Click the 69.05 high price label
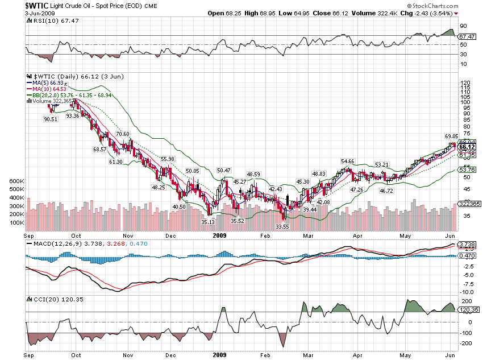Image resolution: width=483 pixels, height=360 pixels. pos(451,136)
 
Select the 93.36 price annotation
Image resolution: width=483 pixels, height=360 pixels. pos(72,115)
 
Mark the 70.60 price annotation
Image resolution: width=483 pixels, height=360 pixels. pos(123,134)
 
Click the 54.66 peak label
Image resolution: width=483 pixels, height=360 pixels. pos(347,162)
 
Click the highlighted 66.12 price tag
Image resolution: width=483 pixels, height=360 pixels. pos(467,147)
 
